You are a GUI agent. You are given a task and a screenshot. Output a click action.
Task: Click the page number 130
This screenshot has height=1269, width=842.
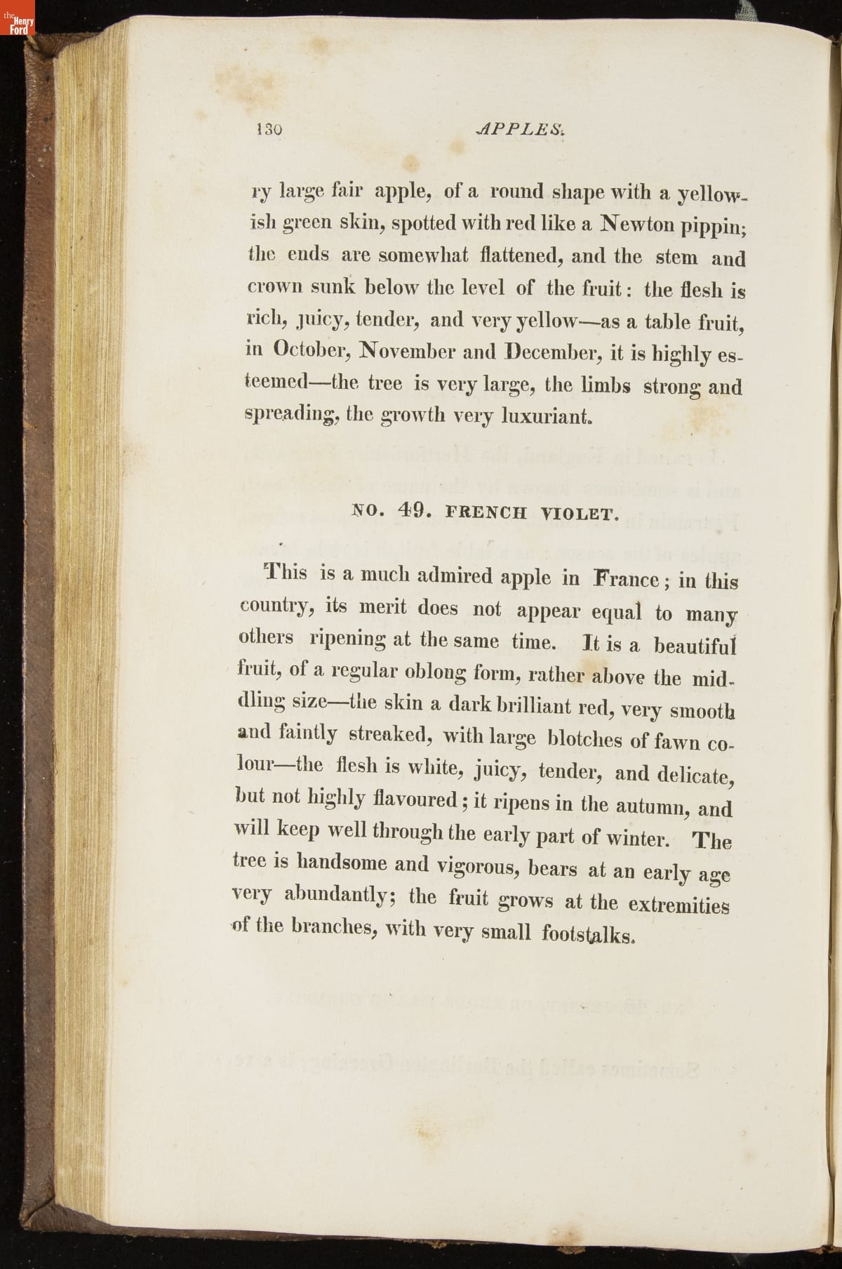point(269,129)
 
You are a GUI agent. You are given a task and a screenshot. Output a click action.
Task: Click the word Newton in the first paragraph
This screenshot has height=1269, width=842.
point(647,225)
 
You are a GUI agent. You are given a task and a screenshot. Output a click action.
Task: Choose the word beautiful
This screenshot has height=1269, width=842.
point(694,645)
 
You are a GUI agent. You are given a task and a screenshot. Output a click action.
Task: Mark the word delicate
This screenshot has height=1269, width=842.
point(695,775)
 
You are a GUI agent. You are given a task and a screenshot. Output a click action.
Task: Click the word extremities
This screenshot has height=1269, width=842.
point(679,905)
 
